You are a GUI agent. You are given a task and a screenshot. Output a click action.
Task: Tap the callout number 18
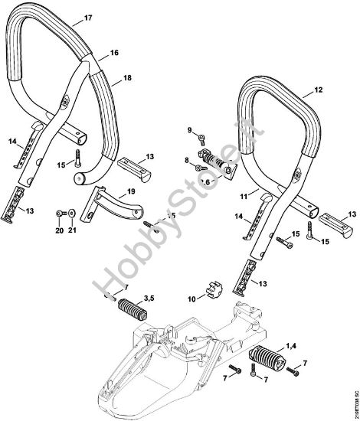point(127,78)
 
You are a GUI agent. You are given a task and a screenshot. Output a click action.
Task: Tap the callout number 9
point(191,132)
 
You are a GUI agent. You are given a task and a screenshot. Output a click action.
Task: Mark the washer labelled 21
point(71,214)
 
